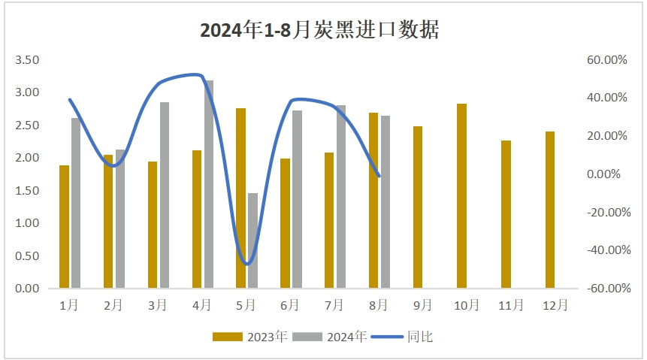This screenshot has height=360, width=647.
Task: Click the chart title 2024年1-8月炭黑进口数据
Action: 319,30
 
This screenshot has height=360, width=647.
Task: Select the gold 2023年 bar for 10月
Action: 462,195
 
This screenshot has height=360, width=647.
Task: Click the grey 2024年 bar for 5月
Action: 253,241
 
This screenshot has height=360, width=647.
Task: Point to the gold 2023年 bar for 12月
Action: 550,210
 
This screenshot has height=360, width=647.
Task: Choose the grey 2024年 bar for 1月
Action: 76,203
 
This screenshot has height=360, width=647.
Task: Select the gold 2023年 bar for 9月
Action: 418,207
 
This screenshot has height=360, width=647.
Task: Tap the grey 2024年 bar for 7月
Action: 341,196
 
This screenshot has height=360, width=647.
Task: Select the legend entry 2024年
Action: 329,337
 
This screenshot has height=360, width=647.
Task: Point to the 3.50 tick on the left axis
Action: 27,59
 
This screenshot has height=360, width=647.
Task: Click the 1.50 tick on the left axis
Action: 27,190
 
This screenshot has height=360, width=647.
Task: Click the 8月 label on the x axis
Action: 379,305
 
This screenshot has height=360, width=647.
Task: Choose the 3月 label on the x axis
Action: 158,305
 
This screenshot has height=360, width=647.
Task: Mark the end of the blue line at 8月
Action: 379,176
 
